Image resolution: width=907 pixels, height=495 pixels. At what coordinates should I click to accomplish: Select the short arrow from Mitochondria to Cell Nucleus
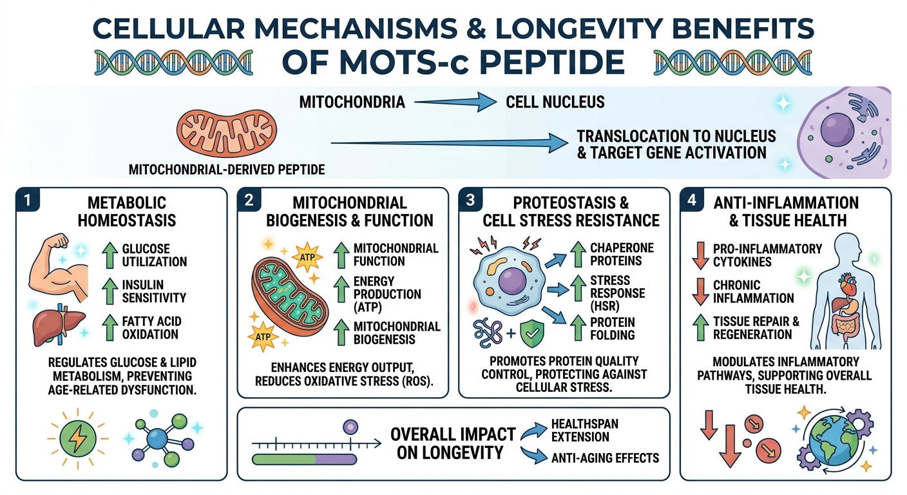pos(453,102)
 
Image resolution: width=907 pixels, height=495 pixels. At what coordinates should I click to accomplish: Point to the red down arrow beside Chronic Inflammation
pos(698,292)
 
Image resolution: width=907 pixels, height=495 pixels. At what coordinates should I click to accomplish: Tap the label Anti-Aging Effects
pos(606,458)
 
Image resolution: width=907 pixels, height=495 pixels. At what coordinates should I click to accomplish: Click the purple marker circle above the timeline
pos(350,427)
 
